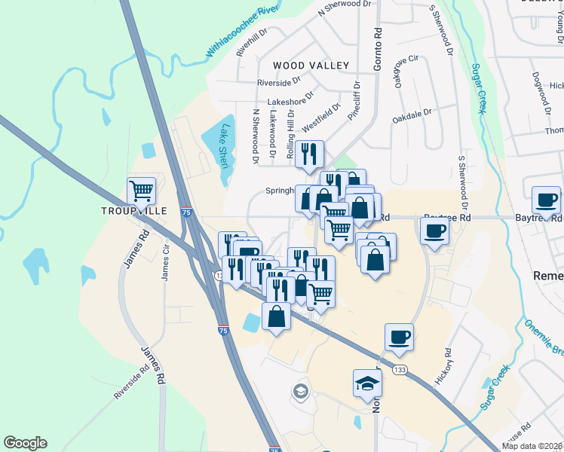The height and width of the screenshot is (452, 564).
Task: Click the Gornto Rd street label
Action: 378,52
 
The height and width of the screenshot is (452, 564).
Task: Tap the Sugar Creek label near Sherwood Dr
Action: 477,88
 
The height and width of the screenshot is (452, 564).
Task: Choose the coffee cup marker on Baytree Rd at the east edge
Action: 546,200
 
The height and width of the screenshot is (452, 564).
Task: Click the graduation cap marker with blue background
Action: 368,382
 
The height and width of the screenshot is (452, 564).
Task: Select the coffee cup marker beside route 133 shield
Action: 399,337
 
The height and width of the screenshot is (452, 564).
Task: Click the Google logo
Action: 25,443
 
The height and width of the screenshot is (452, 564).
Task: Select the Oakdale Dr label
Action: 412,117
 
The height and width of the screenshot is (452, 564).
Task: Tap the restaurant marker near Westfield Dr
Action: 310,154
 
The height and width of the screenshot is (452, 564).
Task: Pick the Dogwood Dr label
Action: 538,88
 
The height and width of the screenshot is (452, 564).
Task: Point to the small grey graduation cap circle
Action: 300,391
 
